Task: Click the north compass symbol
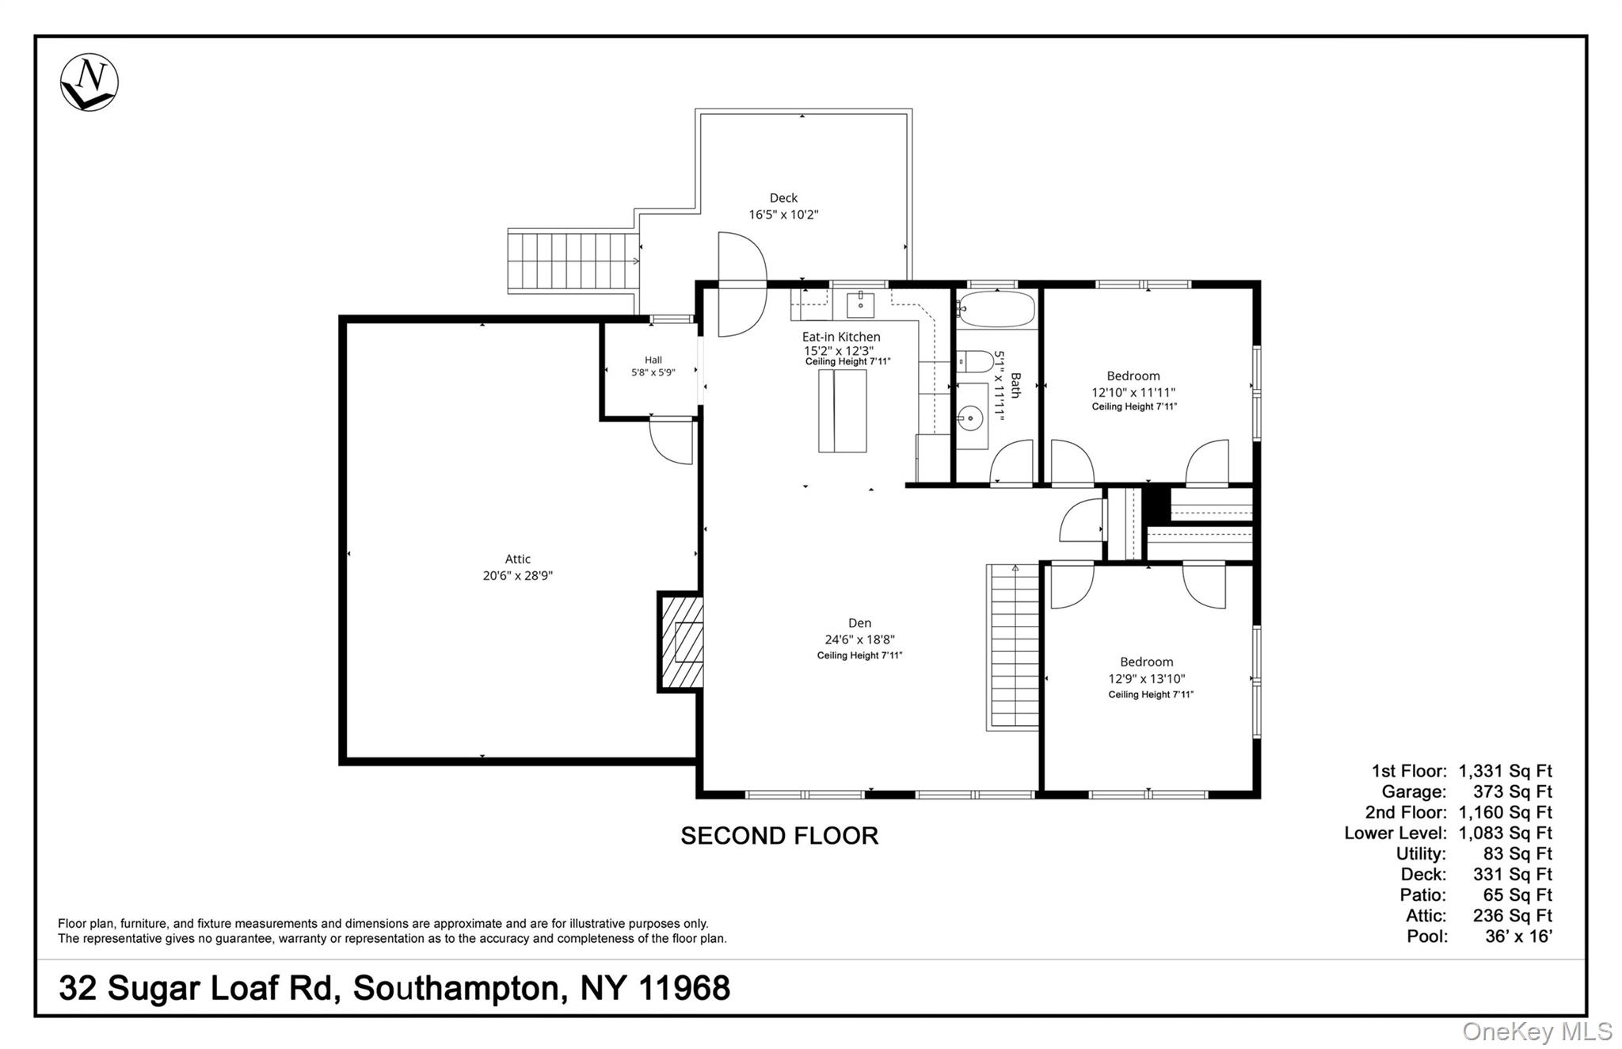click(89, 82)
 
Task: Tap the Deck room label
click(783, 198)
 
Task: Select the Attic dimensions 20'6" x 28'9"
click(518, 576)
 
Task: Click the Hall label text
click(653, 360)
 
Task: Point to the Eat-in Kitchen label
click(841, 337)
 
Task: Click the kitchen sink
click(860, 303)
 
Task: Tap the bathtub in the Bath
click(996, 310)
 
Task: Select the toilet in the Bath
click(975, 362)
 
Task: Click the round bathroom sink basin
click(969, 418)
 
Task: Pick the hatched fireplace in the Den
click(680, 642)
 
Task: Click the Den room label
click(860, 624)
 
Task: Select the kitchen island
click(843, 410)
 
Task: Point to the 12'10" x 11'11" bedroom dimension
click(1133, 392)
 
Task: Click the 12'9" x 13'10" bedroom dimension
click(1147, 679)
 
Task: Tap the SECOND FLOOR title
click(779, 836)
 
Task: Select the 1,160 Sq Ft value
click(1505, 812)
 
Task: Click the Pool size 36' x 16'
click(1519, 936)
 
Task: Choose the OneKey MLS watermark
click(1536, 1031)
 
